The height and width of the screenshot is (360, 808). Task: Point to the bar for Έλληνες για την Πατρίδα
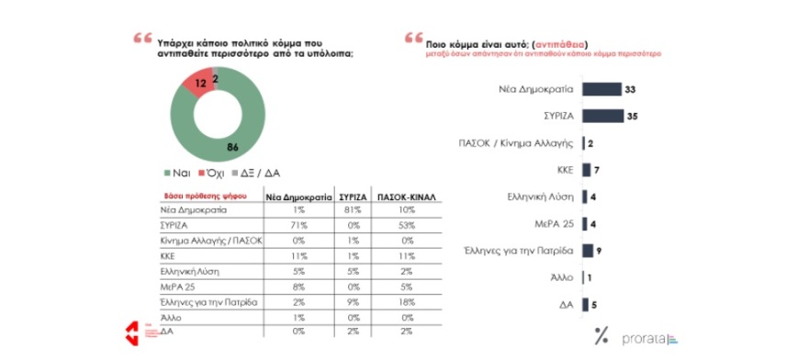(588, 248)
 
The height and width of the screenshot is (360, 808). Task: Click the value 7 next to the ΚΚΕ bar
(597, 170)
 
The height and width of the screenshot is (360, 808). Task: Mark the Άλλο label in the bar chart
(561, 276)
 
